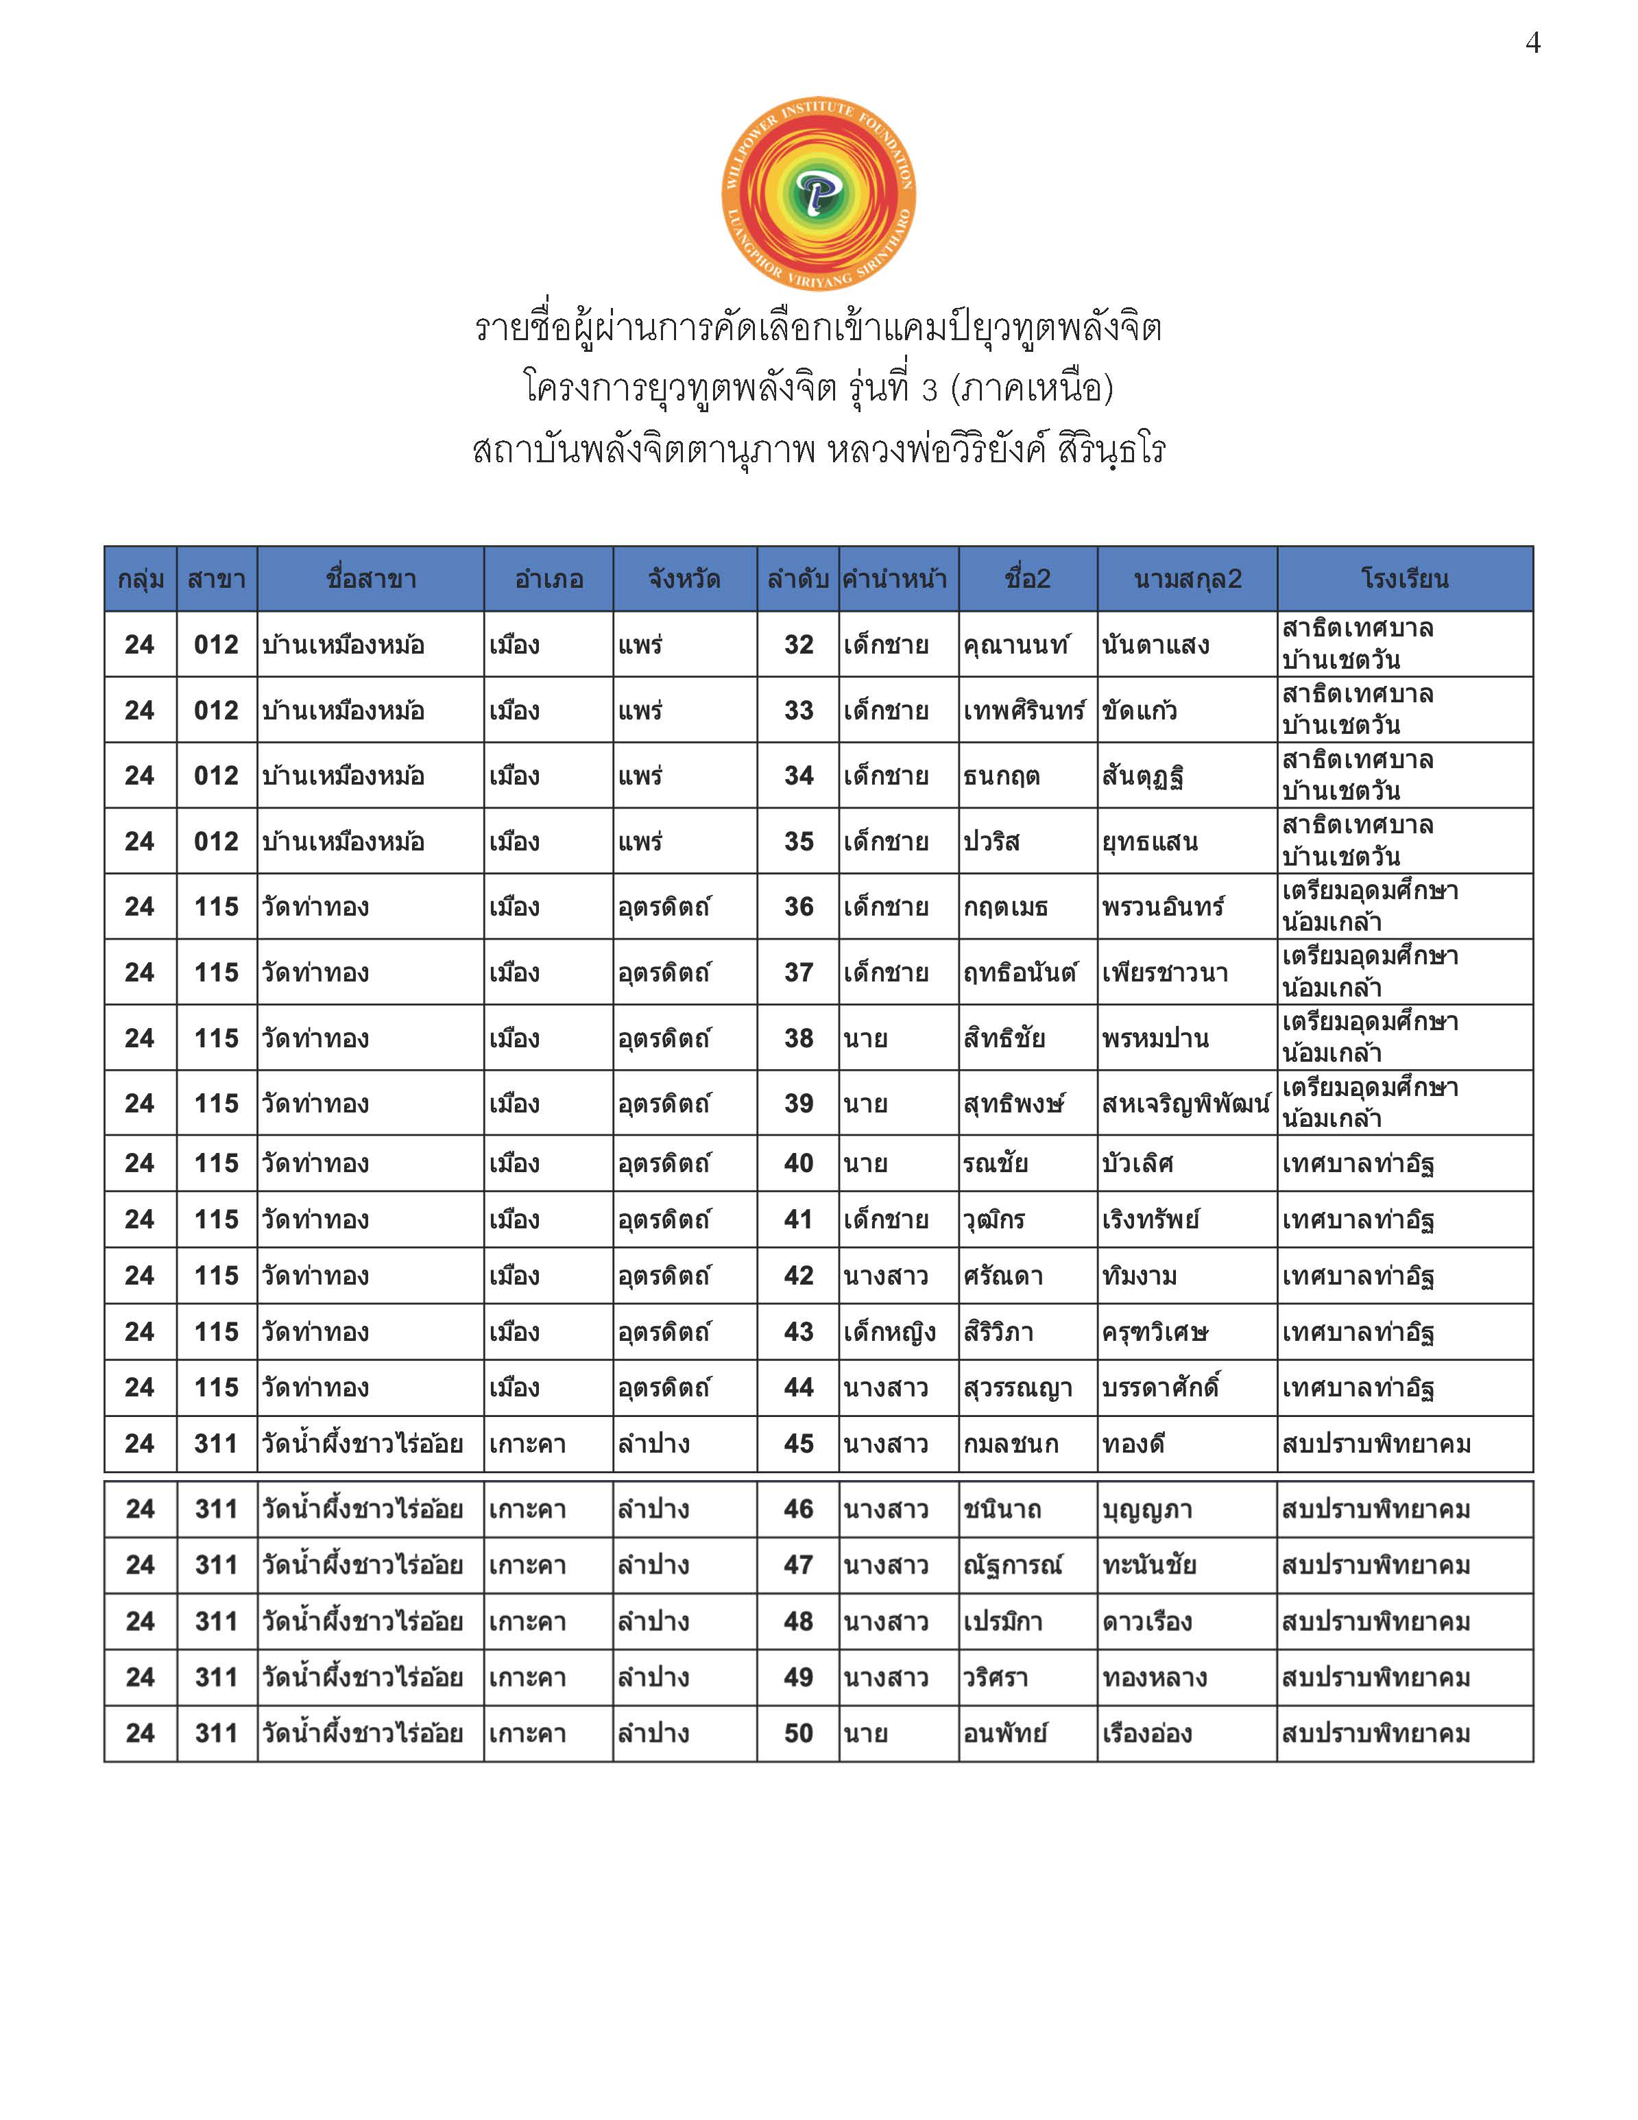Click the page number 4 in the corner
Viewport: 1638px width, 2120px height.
[x=1533, y=43]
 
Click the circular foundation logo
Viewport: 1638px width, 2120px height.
[x=818, y=194]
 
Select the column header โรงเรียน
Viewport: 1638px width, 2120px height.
[x=1404, y=580]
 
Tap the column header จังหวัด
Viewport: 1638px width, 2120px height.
[x=684, y=580]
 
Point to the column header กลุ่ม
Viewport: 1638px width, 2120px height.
[x=141, y=580]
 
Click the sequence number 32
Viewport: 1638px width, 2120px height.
[x=799, y=645]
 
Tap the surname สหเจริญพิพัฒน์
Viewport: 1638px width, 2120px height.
[x=1185, y=1104]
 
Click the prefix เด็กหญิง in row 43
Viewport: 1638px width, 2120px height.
[x=889, y=1332]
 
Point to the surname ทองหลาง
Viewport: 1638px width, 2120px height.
[x=1154, y=1678]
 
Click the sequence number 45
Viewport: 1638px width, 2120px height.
[x=799, y=1444]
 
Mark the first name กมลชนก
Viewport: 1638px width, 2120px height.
[x=1010, y=1444]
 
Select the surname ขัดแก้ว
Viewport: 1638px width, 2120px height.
[x=1140, y=711]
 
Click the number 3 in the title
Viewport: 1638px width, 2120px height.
[x=930, y=390]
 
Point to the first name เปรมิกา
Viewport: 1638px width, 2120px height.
[x=1002, y=1621]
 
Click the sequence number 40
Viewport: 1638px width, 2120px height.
[x=799, y=1163]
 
